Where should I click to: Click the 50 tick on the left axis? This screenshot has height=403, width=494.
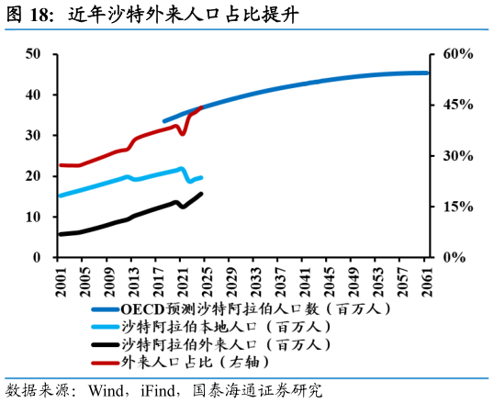[x=33, y=54]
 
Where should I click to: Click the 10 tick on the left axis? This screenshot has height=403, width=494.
[x=33, y=217]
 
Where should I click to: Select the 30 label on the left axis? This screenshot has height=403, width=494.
[x=33, y=135]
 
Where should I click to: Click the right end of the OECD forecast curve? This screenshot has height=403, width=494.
[x=427, y=73]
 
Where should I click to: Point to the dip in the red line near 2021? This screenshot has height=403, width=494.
[x=182, y=133]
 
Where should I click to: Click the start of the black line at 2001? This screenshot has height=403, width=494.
[x=61, y=234]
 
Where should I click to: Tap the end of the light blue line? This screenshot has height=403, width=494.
[x=201, y=177]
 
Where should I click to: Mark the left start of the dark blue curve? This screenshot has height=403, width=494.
[x=164, y=120]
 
